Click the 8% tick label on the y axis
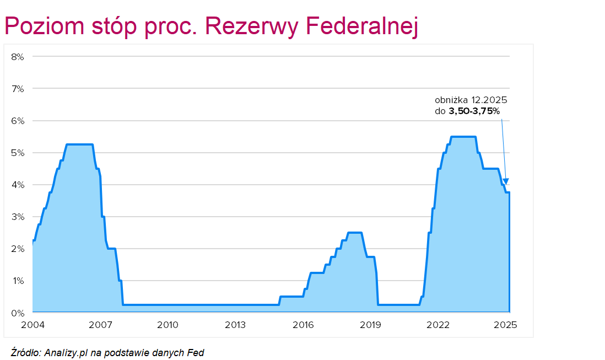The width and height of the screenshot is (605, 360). (17, 56)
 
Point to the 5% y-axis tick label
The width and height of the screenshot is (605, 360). (17, 153)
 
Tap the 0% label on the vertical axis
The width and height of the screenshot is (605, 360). (17, 313)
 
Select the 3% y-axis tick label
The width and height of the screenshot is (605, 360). (17, 217)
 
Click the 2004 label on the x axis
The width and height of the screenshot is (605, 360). (32, 325)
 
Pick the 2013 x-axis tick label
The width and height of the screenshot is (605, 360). (235, 325)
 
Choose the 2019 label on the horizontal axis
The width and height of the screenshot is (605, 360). (370, 325)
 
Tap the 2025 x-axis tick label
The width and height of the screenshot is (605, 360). (505, 325)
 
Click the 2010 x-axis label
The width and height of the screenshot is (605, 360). (168, 325)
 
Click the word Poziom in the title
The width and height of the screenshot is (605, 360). (45, 26)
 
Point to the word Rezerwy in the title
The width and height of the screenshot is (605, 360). (256, 26)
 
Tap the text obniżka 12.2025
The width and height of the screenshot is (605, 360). (471, 101)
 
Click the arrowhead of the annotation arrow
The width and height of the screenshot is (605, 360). (506, 182)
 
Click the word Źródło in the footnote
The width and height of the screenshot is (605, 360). (25, 352)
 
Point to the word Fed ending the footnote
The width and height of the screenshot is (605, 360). (196, 352)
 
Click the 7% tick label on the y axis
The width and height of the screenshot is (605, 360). (17, 88)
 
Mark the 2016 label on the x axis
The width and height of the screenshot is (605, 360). (303, 325)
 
